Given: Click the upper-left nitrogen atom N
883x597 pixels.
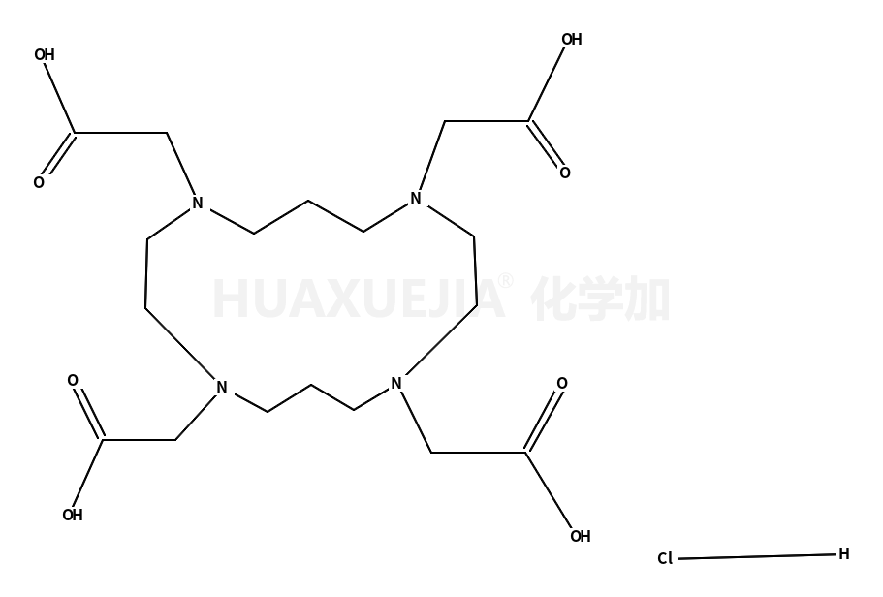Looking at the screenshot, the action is pyautogui.click(x=197, y=204).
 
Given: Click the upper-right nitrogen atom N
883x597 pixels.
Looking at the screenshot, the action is pyautogui.click(x=416, y=199).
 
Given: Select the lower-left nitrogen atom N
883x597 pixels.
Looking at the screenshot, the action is pyautogui.click(x=221, y=388).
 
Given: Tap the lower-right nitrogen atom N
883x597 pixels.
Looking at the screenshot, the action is pyautogui.click(x=396, y=384).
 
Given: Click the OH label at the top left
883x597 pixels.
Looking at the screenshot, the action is pyautogui.click(x=45, y=54).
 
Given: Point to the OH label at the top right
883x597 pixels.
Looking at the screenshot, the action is pyautogui.click(x=572, y=40).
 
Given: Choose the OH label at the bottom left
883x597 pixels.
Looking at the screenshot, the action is pyautogui.click(x=73, y=515).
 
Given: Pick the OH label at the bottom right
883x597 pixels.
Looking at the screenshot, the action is pyautogui.click(x=581, y=536).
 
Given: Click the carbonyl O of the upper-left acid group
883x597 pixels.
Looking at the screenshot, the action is pyautogui.click(x=39, y=182).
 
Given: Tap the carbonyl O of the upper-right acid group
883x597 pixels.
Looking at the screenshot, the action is pyautogui.click(x=565, y=173).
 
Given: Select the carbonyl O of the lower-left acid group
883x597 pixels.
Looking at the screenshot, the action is pyautogui.click(x=73, y=381).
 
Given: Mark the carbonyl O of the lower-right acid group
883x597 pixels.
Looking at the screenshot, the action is pyautogui.click(x=562, y=384).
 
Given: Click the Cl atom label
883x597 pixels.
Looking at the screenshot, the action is pyautogui.click(x=665, y=558).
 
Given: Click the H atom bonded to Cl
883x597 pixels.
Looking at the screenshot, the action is pyautogui.click(x=843, y=554).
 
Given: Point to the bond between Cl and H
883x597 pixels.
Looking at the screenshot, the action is pyautogui.click(x=757, y=556).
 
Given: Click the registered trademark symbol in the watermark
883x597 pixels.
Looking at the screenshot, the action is pyautogui.click(x=506, y=281).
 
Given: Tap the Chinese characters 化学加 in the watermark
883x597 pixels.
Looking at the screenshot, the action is pyautogui.click(x=600, y=298).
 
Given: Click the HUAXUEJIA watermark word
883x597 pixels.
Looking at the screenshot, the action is pyautogui.click(x=359, y=299).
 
